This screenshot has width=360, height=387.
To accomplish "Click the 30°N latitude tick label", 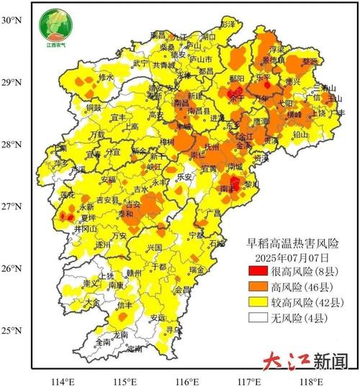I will coord(12,21).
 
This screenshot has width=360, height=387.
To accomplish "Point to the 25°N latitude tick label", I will coord(12,331).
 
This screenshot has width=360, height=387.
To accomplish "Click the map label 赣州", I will coord(133,273).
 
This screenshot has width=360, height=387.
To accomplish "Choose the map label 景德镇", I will coord(273,62).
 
